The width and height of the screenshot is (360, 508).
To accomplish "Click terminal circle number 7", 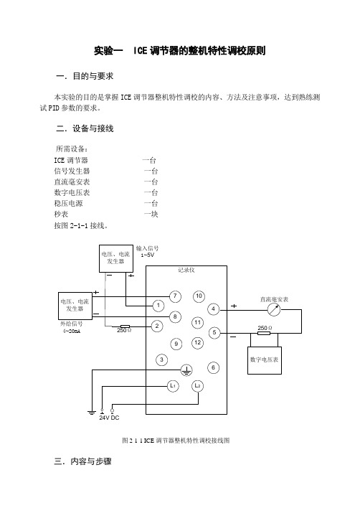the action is tap(175, 296).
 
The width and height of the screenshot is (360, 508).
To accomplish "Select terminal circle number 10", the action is tap(199, 296).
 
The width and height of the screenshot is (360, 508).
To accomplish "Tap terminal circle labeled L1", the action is tap(173, 386).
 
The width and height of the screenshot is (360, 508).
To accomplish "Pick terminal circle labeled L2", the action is tap(197, 386).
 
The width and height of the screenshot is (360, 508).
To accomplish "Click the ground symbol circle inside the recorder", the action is tap(186, 370).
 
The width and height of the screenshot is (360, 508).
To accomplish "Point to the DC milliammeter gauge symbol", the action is tap(274, 310).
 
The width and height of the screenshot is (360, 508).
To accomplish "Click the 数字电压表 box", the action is tap(265, 360).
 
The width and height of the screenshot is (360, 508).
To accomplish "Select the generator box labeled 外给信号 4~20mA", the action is tap(75, 306).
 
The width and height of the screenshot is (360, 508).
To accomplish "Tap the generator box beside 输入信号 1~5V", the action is tap(116, 258).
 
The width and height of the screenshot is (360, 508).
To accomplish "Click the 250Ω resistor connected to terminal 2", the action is tap(125, 326).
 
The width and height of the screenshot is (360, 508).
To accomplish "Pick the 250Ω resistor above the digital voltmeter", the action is tap(263, 333).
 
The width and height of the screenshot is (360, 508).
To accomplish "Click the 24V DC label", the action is tap(109, 418).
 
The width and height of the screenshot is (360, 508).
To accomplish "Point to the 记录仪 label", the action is tap(186, 270).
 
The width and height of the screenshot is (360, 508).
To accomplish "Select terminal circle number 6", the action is tap(213, 367).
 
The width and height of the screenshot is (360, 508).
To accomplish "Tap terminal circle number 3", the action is tap(161, 359).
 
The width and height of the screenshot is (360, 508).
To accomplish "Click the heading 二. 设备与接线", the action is tap(85, 128).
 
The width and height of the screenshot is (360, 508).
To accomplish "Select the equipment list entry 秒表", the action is tap(61, 214).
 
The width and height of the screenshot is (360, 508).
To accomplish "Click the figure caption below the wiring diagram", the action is tap(176, 441).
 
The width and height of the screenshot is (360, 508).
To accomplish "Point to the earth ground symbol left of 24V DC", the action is tap(92, 413).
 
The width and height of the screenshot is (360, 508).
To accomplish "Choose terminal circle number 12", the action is tap(197, 343).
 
